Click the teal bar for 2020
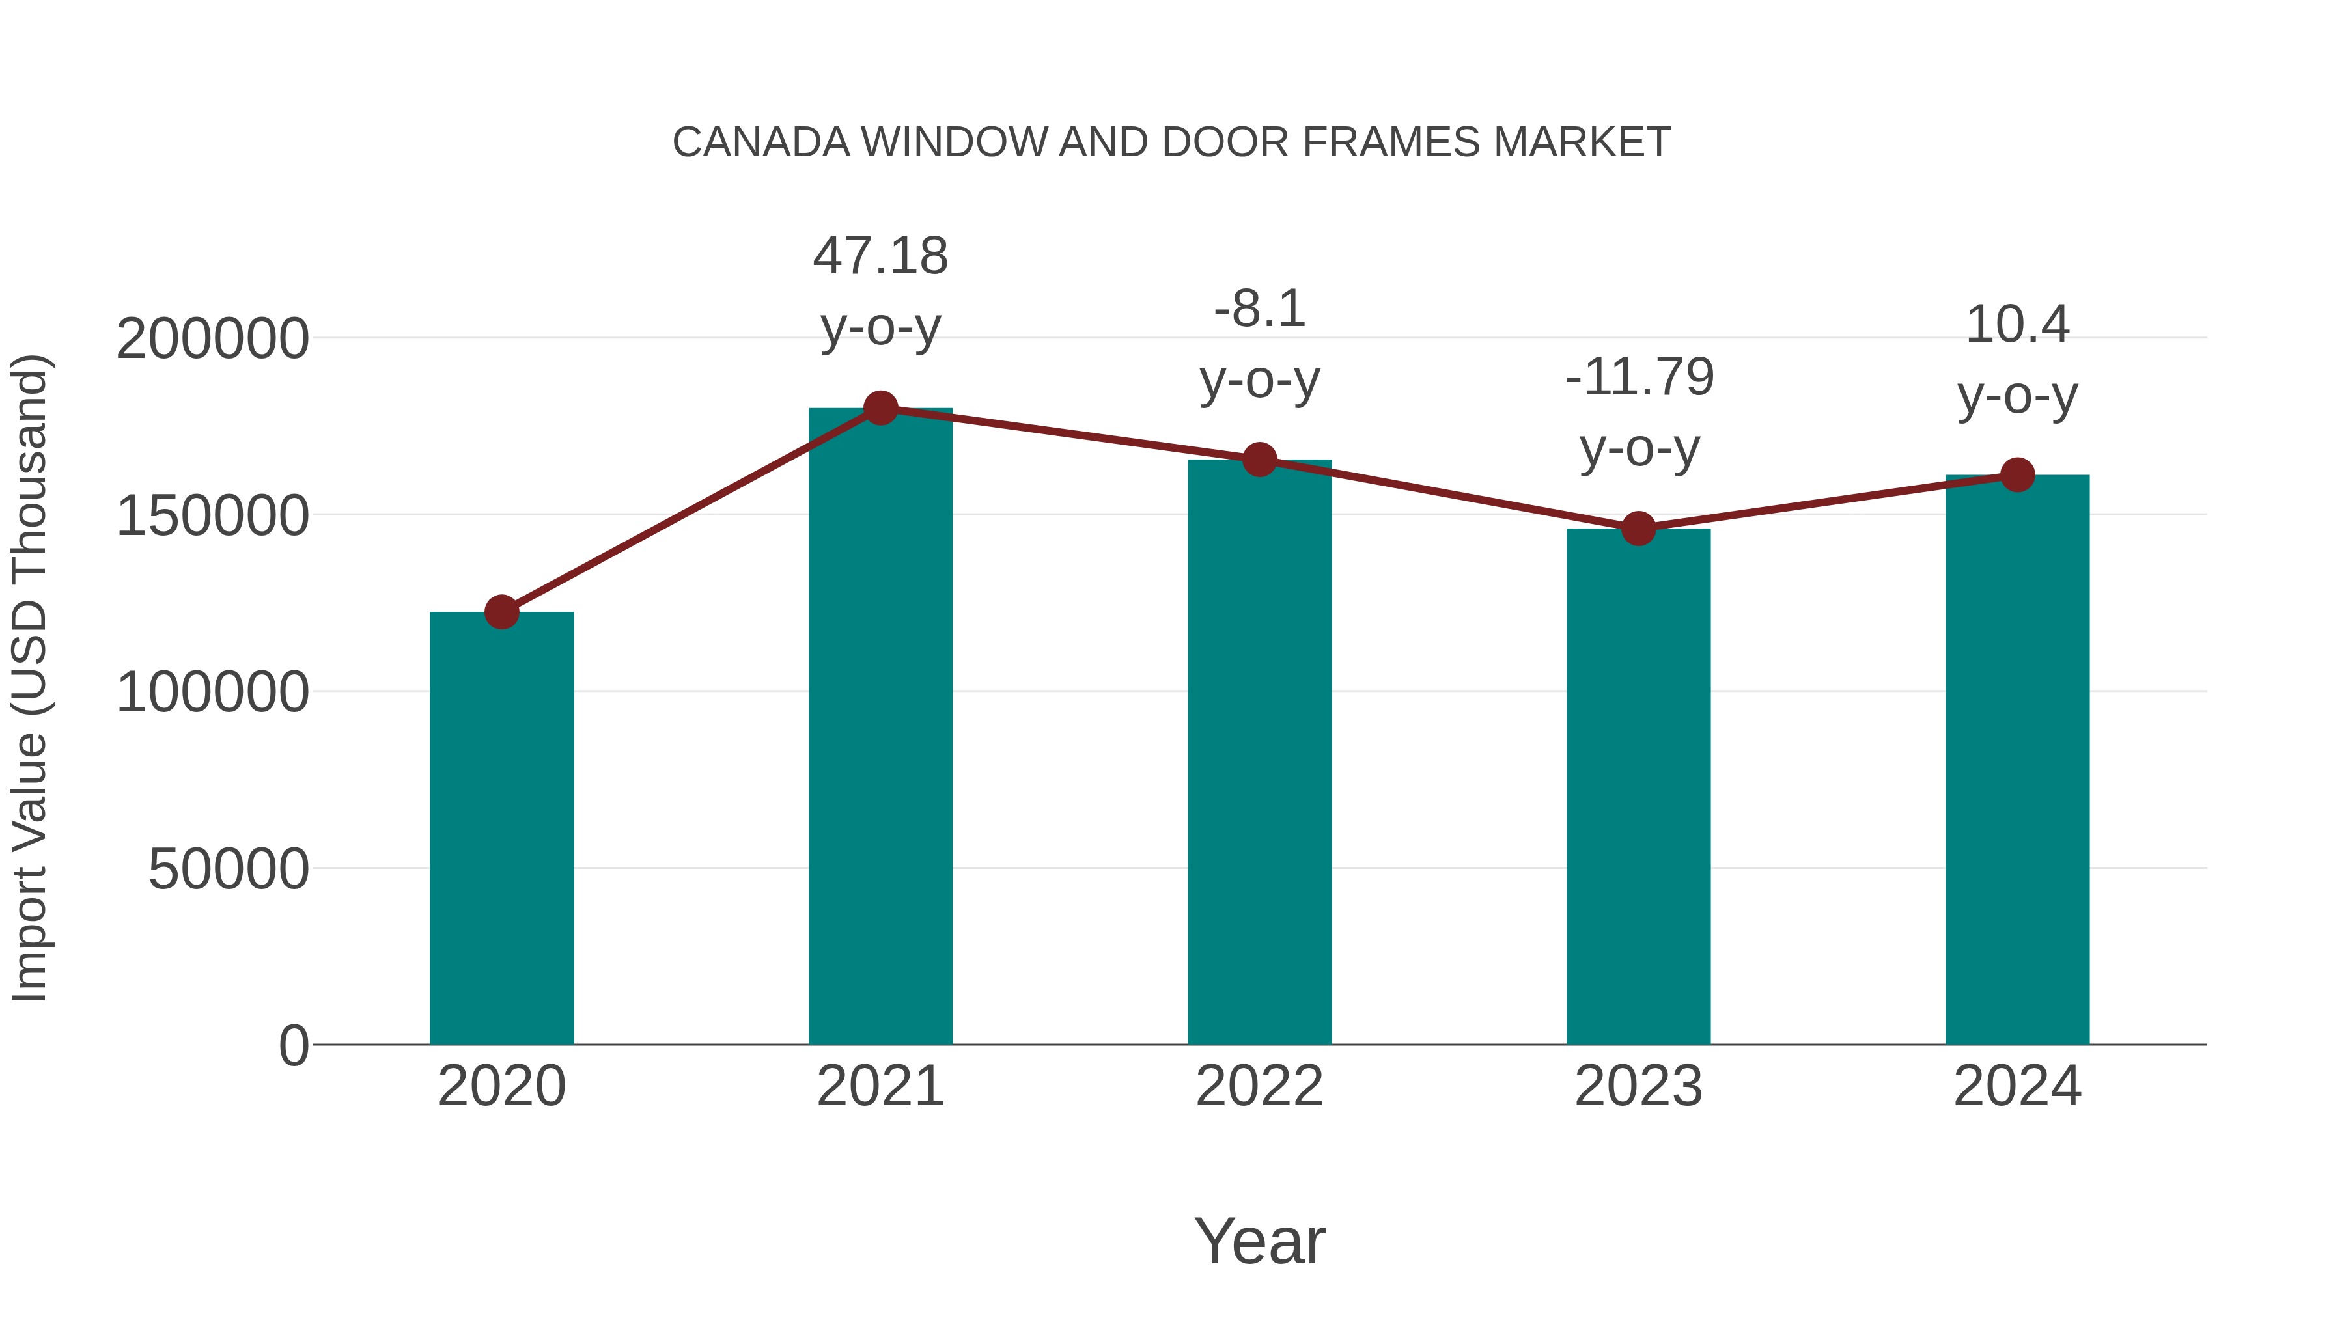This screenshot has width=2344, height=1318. (501, 828)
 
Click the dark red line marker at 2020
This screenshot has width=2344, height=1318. (501, 612)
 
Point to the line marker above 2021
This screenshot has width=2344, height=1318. (880, 408)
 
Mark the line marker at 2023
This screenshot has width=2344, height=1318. (1638, 529)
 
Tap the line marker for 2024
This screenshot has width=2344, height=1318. (2017, 475)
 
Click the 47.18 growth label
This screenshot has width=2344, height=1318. (880, 256)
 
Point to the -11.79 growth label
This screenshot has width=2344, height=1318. (1639, 377)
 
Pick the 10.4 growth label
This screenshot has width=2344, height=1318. (2017, 325)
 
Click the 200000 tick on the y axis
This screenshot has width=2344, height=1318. (212, 339)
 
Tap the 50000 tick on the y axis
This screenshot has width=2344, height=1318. (229, 870)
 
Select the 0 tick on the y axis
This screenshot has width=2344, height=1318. (294, 1046)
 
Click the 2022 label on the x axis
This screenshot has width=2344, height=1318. (1259, 1086)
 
